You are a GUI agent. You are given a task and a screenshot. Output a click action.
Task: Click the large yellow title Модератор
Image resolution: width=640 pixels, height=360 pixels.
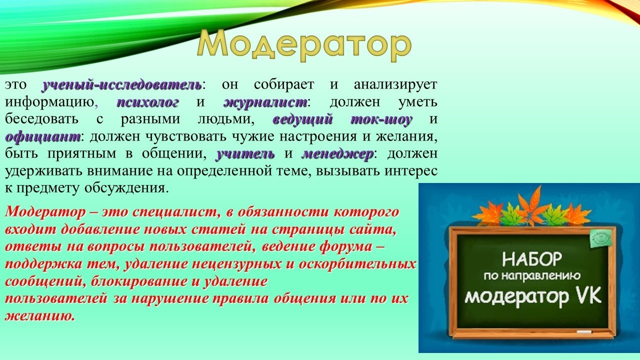(x=304, y=46)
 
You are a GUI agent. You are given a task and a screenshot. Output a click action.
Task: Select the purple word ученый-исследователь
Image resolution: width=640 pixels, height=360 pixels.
(x=122, y=85)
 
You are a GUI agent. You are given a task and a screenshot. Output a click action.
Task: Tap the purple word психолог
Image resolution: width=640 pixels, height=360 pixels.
(x=147, y=102)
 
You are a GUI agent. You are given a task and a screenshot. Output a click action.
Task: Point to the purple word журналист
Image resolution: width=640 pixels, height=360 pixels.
(x=265, y=102)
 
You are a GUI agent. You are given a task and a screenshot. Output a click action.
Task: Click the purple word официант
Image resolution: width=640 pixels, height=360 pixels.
(x=43, y=137)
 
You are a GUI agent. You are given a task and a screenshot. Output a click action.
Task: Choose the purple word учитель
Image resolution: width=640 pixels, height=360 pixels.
(x=245, y=153)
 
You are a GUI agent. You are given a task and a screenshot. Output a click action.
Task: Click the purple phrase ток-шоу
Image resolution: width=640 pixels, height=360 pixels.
(x=381, y=119)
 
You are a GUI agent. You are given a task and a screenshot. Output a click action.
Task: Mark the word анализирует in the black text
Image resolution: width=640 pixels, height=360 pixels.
(x=395, y=85)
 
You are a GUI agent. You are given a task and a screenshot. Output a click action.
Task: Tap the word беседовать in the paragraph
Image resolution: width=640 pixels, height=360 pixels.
(x=41, y=119)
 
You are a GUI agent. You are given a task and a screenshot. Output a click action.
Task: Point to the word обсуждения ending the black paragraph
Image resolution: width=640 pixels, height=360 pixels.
(x=125, y=188)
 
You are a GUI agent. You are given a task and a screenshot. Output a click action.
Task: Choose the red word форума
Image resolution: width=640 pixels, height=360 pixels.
(x=345, y=246)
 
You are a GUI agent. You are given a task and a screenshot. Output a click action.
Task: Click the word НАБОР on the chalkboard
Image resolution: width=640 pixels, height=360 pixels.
(x=531, y=259)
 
